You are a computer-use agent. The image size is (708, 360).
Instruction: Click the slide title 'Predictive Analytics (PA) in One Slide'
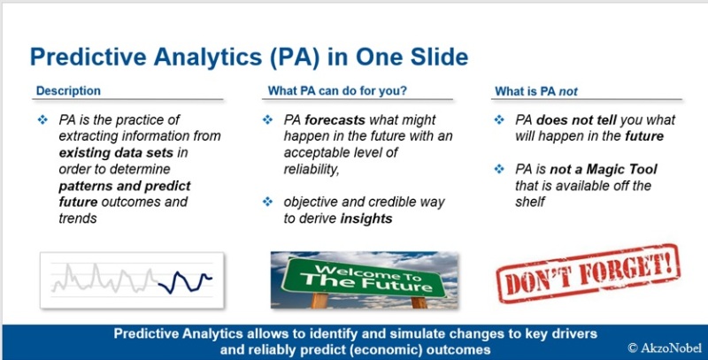pyautogui.click(x=249, y=57)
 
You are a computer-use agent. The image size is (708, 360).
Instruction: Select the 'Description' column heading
pyautogui.click(x=68, y=91)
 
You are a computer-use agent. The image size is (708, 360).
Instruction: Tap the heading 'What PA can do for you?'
pyautogui.click(x=337, y=91)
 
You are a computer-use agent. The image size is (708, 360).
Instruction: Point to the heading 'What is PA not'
pyautogui.click(x=536, y=92)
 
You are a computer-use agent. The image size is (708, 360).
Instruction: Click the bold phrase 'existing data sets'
pyautogui.click(x=116, y=153)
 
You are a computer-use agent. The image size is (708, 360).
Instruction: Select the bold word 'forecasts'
pyautogui.click(x=335, y=120)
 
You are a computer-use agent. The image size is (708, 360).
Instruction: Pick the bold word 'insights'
pyautogui.click(x=366, y=218)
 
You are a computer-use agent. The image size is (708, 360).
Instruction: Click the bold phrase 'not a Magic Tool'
pyautogui.click(x=604, y=170)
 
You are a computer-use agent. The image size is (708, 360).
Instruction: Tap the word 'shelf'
pyautogui.click(x=530, y=202)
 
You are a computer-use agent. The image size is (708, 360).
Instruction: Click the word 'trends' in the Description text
pyautogui.click(x=78, y=218)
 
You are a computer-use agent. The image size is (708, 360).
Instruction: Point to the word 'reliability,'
pyautogui.click(x=312, y=170)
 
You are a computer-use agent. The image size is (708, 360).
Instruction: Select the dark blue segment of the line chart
pyautogui.click(x=185, y=282)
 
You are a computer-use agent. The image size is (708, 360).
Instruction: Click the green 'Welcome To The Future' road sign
pyautogui.click(x=364, y=278)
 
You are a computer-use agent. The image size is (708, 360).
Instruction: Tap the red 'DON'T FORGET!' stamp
pyautogui.click(x=588, y=273)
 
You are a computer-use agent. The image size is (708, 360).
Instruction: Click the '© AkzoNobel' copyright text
pyautogui.click(x=665, y=348)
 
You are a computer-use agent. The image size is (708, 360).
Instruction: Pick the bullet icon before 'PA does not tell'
pyautogui.click(x=499, y=120)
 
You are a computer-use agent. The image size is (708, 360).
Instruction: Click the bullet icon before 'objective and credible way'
pyautogui.click(x=268, y=202)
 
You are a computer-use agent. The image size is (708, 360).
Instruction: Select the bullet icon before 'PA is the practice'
pyautogui.click(x=42, y=120)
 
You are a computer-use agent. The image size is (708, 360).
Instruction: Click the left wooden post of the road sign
pyautogui.click(x=319, y=301)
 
